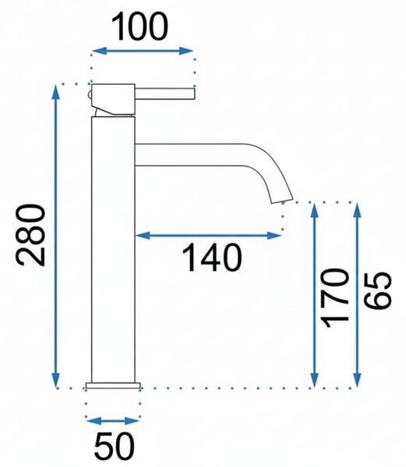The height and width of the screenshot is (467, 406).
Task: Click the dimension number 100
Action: [x=140, y=26]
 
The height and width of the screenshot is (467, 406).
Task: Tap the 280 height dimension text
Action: [x=31, y=235]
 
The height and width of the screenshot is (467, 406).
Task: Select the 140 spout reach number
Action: [x=211, y=258]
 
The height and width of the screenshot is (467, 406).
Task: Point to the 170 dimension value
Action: [x=334, y=298]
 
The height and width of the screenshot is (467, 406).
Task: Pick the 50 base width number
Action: [x=115, y=446]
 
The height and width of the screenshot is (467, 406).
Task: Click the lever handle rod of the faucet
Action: [x=165, y=93]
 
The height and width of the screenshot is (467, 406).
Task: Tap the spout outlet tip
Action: [x=282, y=200]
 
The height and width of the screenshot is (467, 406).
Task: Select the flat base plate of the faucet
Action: [x=113, y=386]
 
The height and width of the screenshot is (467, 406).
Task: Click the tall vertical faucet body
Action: [x=113, y=250]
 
